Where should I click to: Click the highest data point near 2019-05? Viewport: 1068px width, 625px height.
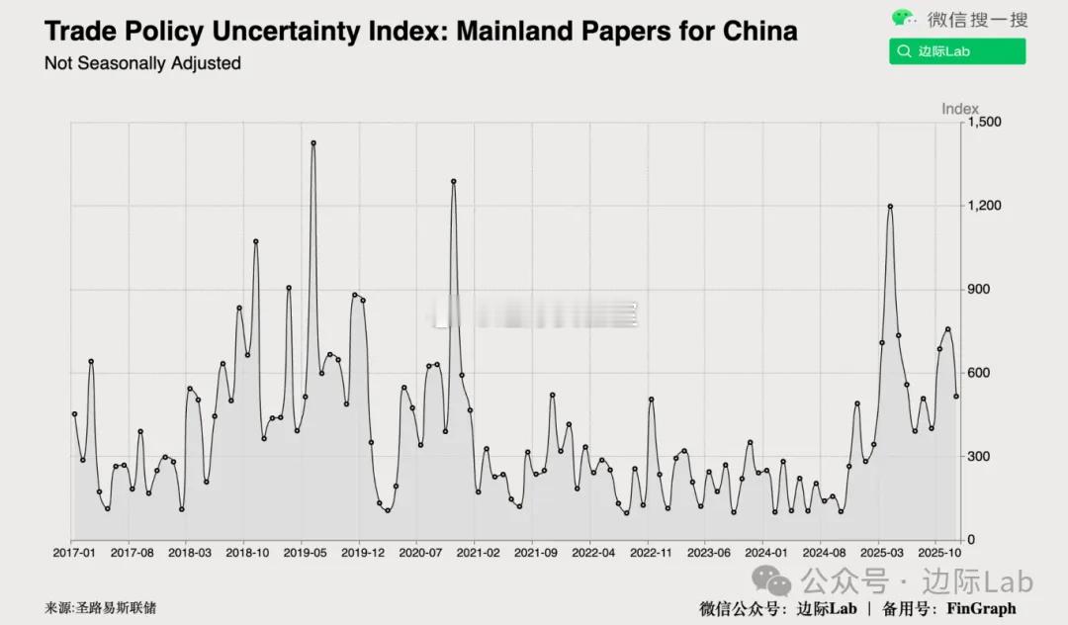(313, 143)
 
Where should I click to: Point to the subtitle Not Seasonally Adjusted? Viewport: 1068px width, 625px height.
(142, 63)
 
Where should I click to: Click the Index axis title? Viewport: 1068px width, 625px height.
(959, 109)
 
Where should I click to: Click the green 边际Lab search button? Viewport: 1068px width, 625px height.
(956, 51)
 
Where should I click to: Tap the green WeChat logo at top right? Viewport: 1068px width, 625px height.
(904, 18)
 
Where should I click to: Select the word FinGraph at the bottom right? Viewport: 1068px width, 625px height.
(981, 608)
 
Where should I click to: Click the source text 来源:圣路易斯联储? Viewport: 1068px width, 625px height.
(100, 608)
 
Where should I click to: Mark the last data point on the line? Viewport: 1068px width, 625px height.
(956, 397)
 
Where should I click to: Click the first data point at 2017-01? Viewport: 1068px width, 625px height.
(74, 414)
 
